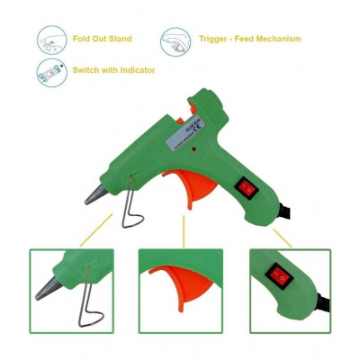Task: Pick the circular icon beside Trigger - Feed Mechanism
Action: tap(175, 40)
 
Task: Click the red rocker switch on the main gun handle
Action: tap(246, 187)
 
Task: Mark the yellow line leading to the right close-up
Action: tap(282, 238)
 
